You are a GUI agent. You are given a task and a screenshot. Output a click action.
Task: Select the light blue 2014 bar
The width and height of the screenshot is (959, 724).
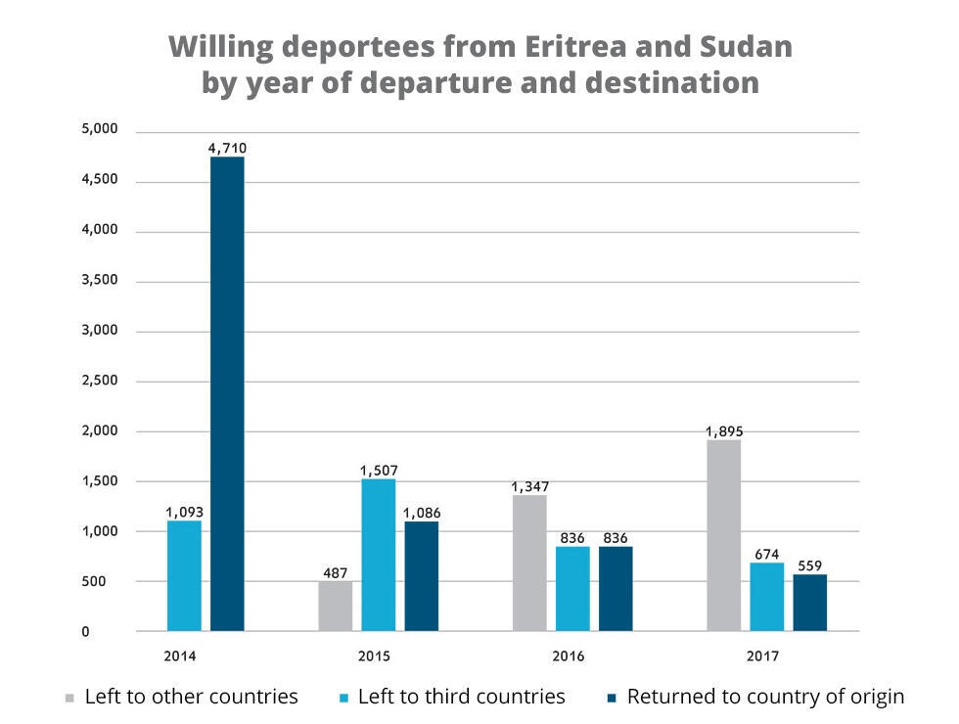[x=184, y=575]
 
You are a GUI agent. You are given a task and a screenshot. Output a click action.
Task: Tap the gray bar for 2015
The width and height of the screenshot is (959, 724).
[x=336, y=606]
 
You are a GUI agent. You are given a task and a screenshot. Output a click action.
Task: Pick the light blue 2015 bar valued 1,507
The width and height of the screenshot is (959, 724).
[x=379, y=555]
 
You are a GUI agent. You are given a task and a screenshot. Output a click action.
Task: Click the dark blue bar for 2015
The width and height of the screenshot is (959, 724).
[x=422, y=575]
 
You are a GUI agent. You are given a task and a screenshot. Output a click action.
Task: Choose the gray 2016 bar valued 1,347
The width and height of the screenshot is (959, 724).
[x=529, y=563]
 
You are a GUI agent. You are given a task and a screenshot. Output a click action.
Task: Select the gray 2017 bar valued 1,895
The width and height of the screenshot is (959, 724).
[x=723, y=535]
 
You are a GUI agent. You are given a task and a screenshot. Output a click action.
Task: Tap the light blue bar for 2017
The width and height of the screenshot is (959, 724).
[x=766, y=596]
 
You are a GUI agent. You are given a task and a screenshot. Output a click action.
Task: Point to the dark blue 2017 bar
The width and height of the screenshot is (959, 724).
[x=809, y=602]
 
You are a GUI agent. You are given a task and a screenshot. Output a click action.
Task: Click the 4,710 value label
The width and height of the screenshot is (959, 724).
[x=227, y=148]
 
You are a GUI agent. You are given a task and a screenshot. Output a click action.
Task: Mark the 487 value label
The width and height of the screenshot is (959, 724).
[x=336, y=572]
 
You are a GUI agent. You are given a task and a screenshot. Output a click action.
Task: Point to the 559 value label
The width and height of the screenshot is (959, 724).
[x=809, y=565]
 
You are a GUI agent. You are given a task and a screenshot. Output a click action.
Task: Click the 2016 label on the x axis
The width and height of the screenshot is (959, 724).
[x=568, y=656]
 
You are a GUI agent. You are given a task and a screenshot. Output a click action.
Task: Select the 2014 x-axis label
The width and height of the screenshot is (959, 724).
[x=180, y=656]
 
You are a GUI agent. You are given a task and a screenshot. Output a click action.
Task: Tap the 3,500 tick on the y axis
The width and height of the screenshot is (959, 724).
[x=99, y=280]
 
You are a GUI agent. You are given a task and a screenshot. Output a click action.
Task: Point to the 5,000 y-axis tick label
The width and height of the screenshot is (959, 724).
[x=99, y=129]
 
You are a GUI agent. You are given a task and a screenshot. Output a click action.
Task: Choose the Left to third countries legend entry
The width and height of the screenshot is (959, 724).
[x=461, y=697]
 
